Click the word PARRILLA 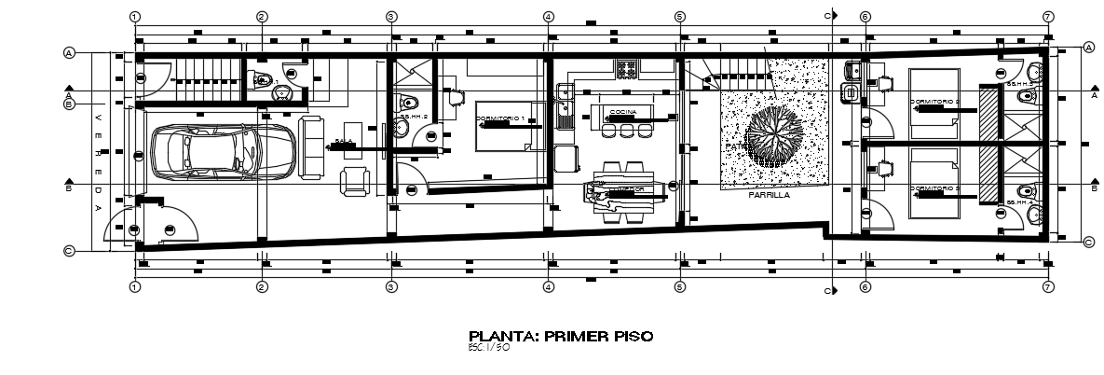click(x=769, y=196)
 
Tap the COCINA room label click(x=623, y=111)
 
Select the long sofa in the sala click(x=310, y=148)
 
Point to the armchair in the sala click(x=355, y=182)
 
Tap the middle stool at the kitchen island click(x=624, y=132)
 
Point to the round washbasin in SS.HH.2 click(x=402, y=132)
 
